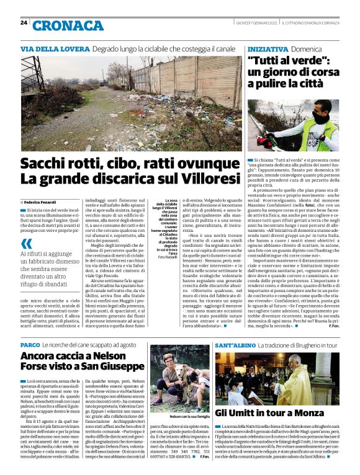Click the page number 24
coord(23,22)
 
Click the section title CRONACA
coord(68,25)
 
